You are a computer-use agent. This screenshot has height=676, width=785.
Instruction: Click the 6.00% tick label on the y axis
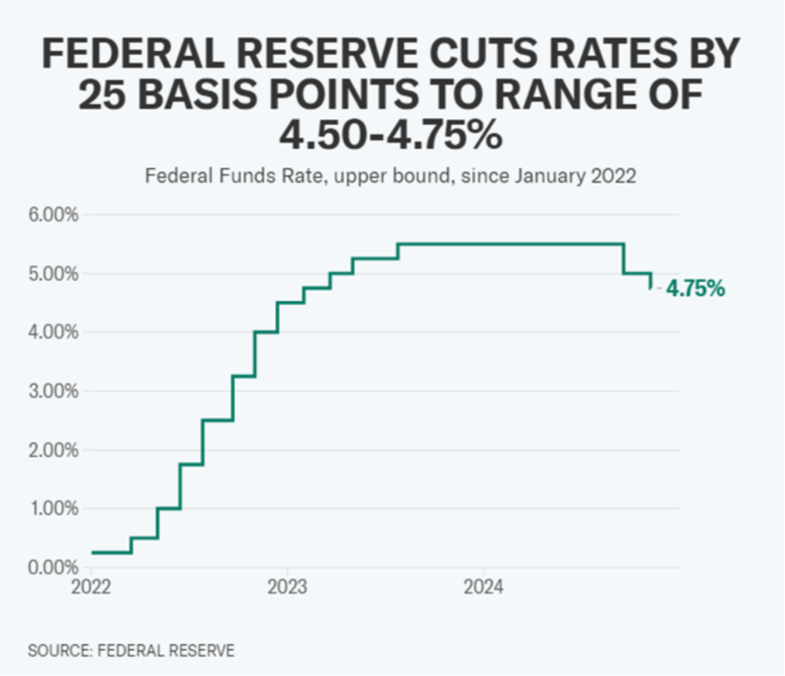tap(52, 215)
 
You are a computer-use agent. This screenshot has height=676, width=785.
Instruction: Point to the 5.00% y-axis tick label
tap(52, 274)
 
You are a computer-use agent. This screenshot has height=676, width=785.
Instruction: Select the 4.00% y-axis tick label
tap(52, 333)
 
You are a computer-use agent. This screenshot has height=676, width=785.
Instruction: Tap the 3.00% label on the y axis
tap(52, 392)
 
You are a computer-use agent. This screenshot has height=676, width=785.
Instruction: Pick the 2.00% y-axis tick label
tap(52, 450)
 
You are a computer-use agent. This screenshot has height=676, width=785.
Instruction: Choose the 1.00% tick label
tap(52, 509)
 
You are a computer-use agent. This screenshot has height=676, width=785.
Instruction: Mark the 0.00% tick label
tap(52, 567)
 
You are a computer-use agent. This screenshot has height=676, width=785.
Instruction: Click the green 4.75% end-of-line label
tap(695, 289)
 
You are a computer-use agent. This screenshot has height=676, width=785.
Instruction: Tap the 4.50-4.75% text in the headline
tap(391, 135)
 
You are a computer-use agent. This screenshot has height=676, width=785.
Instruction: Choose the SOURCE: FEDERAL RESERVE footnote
tap(131, 650)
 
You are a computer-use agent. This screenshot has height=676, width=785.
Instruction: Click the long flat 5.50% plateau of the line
tap(510, 244)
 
